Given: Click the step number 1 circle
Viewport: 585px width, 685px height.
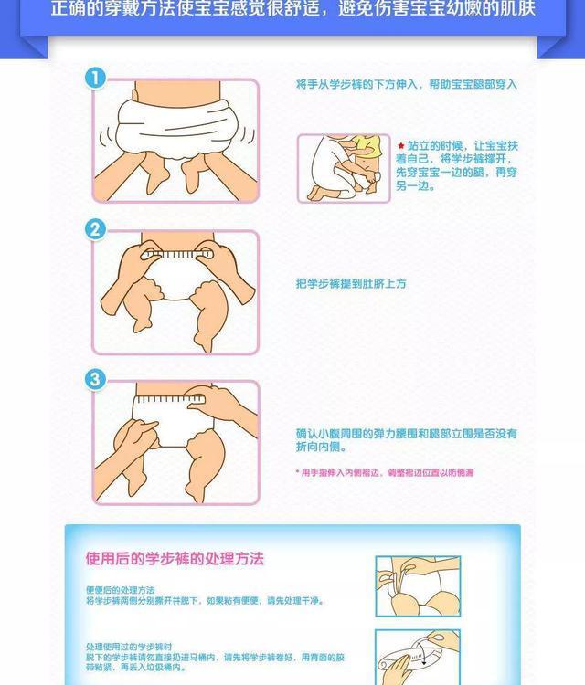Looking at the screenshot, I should coord(95,79).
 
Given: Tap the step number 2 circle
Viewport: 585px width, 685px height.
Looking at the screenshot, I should coord(95,229).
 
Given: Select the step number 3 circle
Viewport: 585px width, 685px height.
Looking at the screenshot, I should coord(95,379).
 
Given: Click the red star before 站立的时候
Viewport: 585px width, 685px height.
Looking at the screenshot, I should coord(400,145).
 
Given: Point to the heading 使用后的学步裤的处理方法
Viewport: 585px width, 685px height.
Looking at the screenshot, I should coord(175,558).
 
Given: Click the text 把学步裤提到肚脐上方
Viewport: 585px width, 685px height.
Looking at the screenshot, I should coord(351,284).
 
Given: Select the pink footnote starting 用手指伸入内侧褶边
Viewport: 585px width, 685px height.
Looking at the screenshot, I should coord(385,472).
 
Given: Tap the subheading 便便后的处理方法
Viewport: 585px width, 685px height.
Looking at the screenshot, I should coord(121,590).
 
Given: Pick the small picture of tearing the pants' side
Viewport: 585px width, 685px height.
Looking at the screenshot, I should coord(417,585).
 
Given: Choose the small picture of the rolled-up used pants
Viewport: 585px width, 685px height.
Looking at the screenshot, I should coord(417,656).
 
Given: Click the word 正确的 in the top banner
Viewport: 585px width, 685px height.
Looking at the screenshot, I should coord(77,11).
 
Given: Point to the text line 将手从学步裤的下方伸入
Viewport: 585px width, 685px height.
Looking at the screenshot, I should coord(357,84).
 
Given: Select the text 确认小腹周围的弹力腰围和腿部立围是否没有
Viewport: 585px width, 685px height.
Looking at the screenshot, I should coord(406,432).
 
